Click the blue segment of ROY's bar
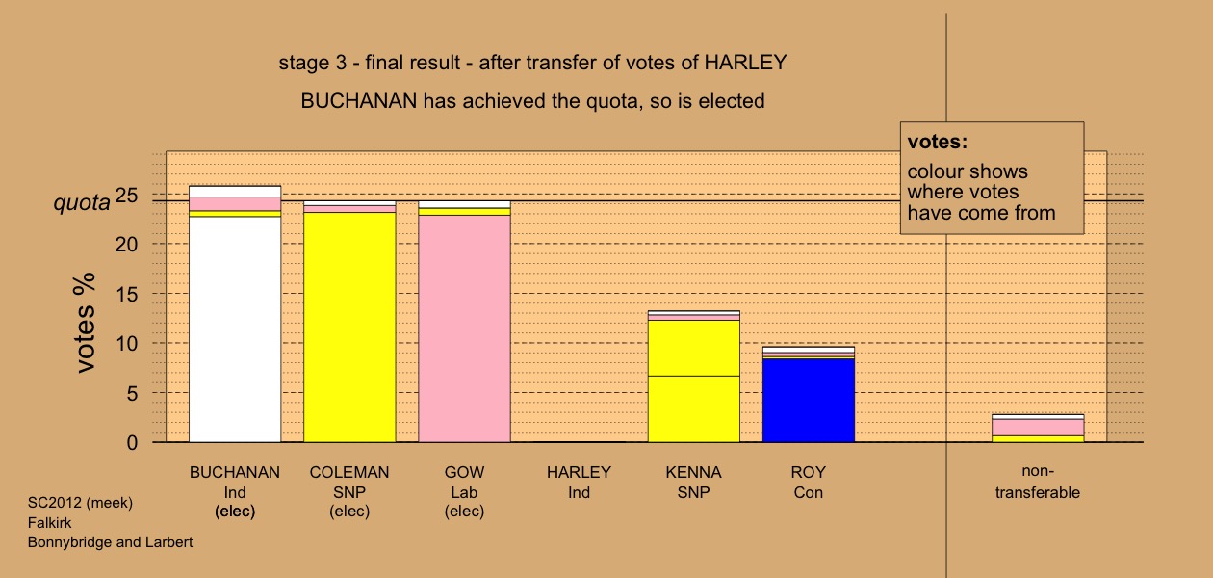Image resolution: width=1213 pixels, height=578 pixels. [809, 401]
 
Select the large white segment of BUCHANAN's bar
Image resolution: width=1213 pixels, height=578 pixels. [235, 329]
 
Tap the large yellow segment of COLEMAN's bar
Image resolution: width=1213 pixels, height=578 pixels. [349, 328]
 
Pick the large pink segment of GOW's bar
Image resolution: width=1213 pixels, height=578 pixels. [465, 328]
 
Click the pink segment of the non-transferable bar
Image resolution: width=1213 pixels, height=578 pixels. [1038, 428]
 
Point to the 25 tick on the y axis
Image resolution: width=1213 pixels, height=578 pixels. [127, 195]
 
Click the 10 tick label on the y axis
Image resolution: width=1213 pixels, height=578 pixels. [127, 344]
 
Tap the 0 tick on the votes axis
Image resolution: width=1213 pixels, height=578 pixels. [133, 443]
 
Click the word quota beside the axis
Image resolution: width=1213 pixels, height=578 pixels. [81, 202]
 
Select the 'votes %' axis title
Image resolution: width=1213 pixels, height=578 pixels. [85, 323]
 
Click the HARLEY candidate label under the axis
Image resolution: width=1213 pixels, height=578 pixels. [579, 472]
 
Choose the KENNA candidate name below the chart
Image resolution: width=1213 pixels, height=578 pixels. [694, 472]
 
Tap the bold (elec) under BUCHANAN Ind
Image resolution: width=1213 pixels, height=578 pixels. [235, 512]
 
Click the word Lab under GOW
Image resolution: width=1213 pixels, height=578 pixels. [465, 492]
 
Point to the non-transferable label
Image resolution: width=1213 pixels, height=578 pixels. [1038, 482]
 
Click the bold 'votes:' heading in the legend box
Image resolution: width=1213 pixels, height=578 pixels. [938, 142]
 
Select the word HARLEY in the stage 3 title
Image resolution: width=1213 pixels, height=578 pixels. [745, 63]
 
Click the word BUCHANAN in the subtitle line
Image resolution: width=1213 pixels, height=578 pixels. [359, 101]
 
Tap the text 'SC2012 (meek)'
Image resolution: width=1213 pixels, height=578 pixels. [80, 503]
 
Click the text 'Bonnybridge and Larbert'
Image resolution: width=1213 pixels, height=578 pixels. [110, 542]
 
